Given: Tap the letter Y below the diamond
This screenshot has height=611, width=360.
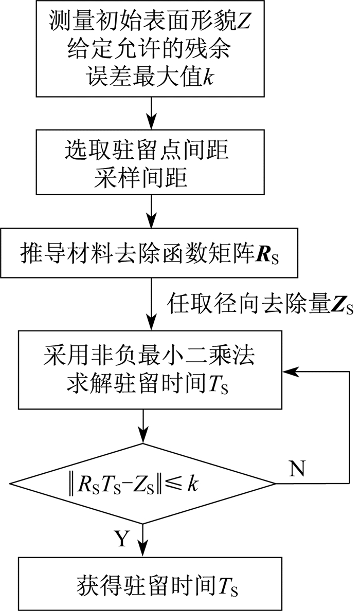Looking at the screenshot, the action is click(x=121, y=540).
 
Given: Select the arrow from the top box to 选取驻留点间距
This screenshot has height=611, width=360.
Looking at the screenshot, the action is click(x=151, y=114).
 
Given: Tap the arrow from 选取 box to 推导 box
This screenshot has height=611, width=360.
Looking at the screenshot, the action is click(x=151, y=211).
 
